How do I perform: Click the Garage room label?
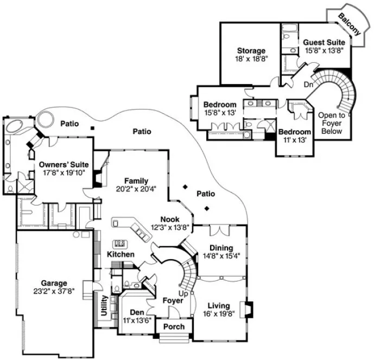[53, 282]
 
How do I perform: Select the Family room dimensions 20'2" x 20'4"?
[136, 189]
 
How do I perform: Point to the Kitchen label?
[121, 254]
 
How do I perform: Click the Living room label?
[218, 305]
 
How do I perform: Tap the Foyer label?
[174, 300]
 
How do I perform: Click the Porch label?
[174, 326]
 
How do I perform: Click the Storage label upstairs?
[250, 51]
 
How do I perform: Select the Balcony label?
[348, 24]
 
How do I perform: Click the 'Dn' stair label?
[308, 85]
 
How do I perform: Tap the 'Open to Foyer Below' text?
[331, 123]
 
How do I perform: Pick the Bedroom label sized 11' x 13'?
[294, 132]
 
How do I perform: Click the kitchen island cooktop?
[121, 244]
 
